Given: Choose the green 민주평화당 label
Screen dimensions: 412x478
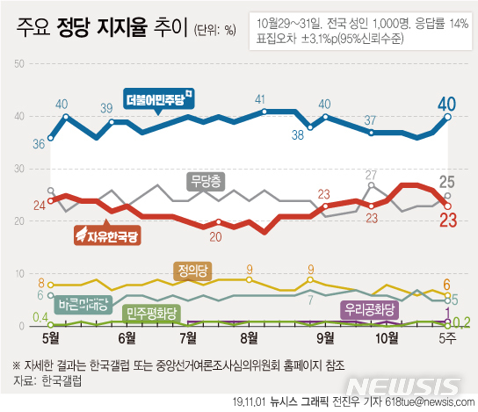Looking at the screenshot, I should [x=151, y=312].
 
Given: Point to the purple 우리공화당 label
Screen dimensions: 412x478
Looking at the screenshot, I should [x=368, y=308].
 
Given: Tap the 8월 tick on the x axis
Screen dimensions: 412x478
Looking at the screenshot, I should [x=250, y=337].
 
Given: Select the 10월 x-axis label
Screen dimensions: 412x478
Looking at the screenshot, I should [x=387, y=337].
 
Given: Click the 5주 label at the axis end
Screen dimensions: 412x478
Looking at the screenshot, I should [x=449, y=337].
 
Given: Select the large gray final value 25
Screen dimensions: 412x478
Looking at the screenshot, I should [x=449, y=183].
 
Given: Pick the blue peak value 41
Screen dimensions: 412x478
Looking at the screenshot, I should [x=260, y=99].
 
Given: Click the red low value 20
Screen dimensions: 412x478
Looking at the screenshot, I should [x=215, y=236].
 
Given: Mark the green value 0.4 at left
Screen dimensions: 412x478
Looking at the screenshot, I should [x=40, y=317].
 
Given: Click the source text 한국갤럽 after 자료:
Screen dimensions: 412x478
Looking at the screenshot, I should [x=61, y=379].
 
